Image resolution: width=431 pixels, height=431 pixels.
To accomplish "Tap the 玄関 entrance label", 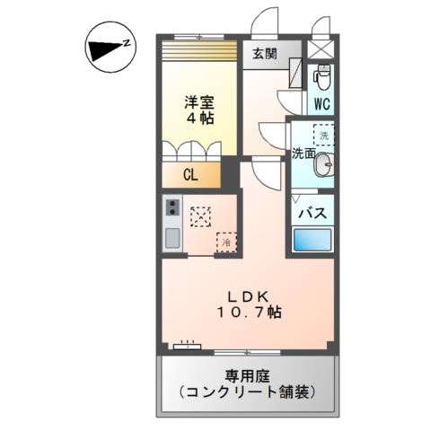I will click(264, 53).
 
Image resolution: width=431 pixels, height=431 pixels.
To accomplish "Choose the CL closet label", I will click(189, 175).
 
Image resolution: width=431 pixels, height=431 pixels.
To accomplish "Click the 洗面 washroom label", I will click(303, 153).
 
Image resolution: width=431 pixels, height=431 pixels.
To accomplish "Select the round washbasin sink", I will click(326, 163).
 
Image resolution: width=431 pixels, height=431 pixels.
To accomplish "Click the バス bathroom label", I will click(312, 213).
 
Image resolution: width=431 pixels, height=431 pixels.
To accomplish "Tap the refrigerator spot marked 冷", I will click(227, 242).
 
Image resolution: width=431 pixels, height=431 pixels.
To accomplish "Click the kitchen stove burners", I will click(172, 212).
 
